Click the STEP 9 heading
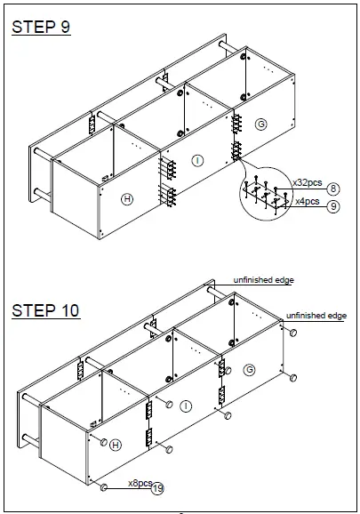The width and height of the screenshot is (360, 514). click(41, 27)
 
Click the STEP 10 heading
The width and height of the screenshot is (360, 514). click(45, 310)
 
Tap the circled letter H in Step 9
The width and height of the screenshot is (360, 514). click(127, 199)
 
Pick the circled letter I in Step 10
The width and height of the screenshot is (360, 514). click(185, 406)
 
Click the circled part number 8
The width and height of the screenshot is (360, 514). click(332, 189)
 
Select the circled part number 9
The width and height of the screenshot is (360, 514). click(332, 205)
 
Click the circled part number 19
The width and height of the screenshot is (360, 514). click(158, 488)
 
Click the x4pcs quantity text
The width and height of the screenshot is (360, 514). click(309, 201)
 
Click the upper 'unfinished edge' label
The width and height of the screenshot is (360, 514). click(263, 280)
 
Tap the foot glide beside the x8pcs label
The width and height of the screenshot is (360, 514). click(105, 487)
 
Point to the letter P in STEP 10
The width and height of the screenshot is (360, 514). click(55, 310)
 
